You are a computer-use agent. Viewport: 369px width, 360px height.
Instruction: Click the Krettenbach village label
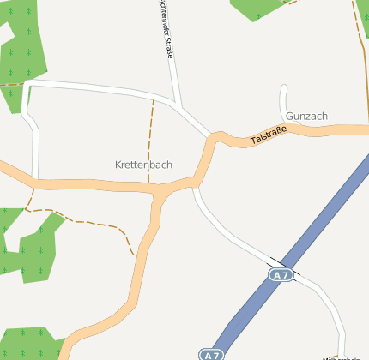click(x=143, y=164)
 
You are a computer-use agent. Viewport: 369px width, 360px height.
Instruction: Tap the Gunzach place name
click(x=307, y=116)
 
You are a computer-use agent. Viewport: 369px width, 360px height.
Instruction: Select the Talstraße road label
click(x=268, y=135)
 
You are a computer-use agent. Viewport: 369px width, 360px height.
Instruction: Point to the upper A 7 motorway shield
click(x=281, y=275)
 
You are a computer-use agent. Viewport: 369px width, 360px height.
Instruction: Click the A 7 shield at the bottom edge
click(x=211, y=354)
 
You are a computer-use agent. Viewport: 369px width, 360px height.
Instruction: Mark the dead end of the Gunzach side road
click(x=283, y=87)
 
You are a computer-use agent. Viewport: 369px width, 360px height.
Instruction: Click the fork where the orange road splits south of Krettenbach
click(x=160, y=196)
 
